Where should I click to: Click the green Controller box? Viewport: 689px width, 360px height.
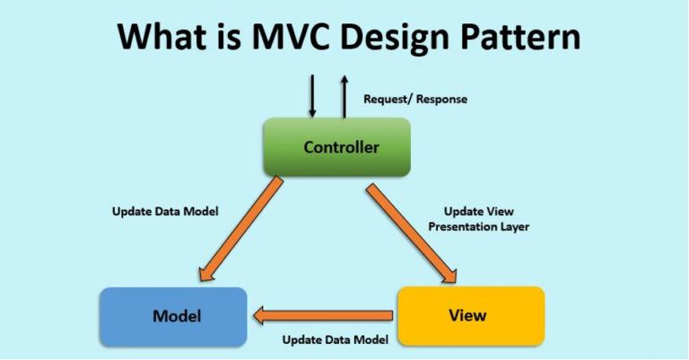click(x=337, y=147)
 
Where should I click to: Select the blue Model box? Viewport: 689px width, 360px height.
click(x=173, y=317)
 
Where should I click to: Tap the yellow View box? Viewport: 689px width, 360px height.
click(x=471, y=316)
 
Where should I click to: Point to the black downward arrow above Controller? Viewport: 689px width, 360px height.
click(x=312, y=96)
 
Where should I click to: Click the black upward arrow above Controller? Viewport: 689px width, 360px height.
click(x=344, y=96)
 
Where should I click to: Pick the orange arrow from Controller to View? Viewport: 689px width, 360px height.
click(x=413, y=233)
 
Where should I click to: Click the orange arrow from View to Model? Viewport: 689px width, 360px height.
click(x=323, y=316)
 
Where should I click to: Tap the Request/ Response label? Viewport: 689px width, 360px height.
click(x=415, y=100)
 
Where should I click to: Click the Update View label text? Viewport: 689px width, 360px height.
click(x=478, y=212)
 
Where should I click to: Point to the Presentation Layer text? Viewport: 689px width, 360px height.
click(x=478, y=227)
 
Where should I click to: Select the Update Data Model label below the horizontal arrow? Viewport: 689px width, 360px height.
click(x=336, y=339)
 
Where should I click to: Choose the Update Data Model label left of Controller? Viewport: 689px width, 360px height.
click(x=165, y=212)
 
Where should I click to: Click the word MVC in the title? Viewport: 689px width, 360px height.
click(x=291, y=37)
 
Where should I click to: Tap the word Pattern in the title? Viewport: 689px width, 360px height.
click(x=519, y=37)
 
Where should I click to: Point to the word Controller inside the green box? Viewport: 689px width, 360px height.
click(x=342, y=147)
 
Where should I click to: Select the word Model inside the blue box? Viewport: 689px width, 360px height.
click(x=177, y=316)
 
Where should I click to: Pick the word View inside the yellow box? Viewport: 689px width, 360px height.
click(x=467, y=315)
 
